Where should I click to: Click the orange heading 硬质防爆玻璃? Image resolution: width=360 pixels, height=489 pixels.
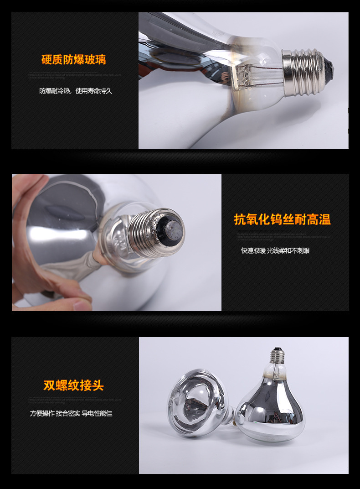74,60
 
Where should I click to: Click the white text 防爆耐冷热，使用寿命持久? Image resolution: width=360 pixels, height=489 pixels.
76,91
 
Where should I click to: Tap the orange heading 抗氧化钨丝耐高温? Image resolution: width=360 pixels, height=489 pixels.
282,219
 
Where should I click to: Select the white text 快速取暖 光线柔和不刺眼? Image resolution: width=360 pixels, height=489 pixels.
275,250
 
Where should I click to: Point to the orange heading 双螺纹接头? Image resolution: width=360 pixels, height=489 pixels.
74,385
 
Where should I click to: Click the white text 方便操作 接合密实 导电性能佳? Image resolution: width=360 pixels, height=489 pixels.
71,413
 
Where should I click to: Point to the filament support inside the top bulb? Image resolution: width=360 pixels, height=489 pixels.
248,75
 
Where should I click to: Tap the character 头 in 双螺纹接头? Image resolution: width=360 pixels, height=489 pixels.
98,385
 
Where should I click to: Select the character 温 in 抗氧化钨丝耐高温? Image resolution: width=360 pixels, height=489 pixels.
324,219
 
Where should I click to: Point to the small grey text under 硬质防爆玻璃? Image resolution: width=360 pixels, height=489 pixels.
75,74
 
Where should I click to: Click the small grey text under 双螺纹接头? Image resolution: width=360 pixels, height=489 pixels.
75,400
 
